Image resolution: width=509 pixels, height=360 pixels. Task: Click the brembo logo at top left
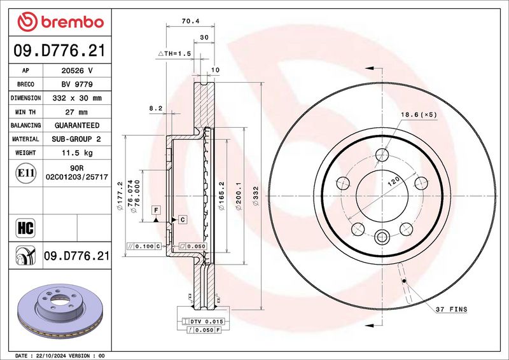click(x=60, y=22)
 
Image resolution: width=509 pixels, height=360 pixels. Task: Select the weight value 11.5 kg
click(x=77, y=153)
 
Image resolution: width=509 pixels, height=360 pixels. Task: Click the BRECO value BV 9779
click(x=77, y=85)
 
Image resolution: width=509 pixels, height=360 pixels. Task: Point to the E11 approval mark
click(x=25, y=173)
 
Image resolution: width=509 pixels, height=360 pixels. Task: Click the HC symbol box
click(x=25, y=228)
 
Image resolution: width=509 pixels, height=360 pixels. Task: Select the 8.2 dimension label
click(x=155, y=109)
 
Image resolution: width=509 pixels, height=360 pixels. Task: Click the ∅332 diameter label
click(x=256, y=196)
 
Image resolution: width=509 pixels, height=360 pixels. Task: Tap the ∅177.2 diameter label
click(x=120, y=196)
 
